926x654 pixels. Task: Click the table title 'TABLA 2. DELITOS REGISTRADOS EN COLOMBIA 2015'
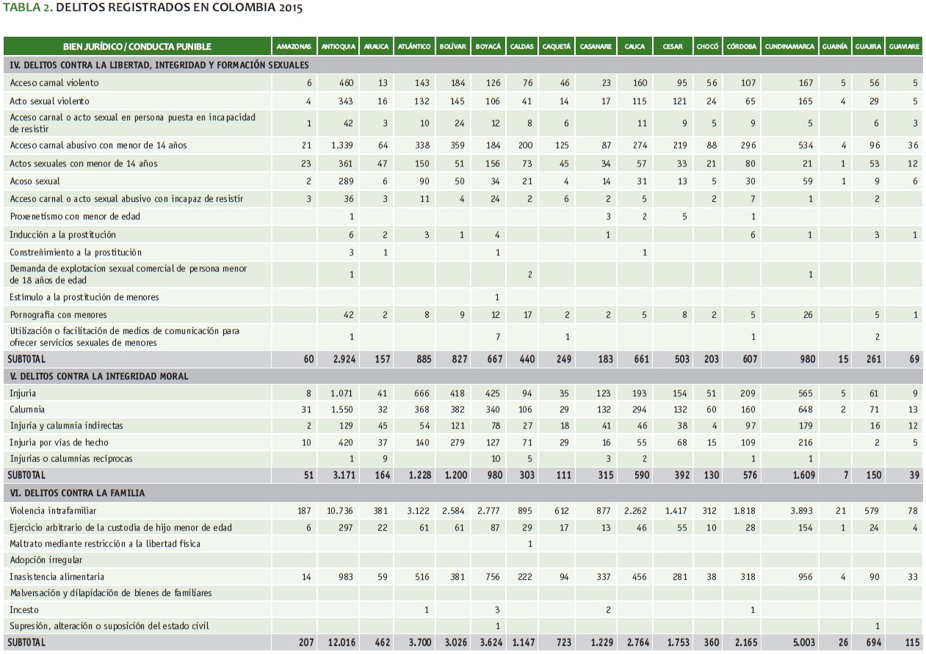click(152, 8)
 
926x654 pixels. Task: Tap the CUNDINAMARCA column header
click(789, 47)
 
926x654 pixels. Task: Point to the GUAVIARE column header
click(904, 47)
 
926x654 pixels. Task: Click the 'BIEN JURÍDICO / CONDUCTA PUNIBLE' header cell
click(137, 47)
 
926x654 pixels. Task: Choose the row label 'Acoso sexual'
click(35, 181)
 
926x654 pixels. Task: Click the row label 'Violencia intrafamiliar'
click(54, 511)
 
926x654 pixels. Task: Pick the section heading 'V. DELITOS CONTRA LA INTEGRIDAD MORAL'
click(99, 377)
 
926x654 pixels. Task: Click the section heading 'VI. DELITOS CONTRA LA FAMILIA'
click(77, 493)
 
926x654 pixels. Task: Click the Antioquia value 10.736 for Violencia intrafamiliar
click(341, 511)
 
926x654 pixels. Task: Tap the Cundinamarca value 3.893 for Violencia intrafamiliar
click(803, 511)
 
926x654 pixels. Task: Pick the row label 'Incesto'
click(24, 610)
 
